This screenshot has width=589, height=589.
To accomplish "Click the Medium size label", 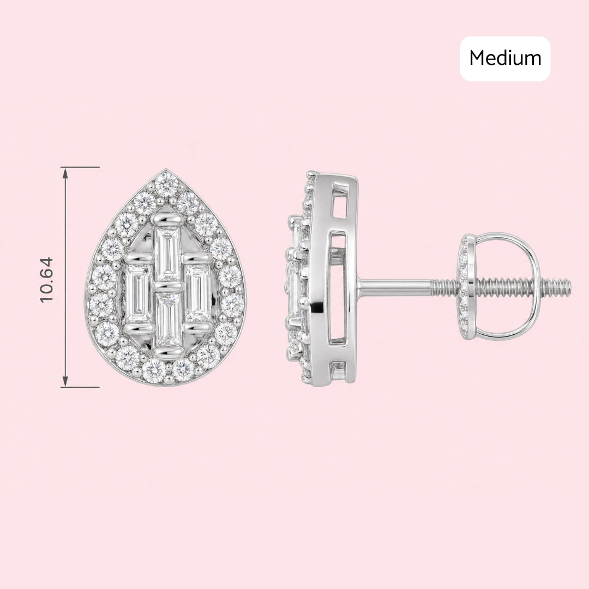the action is point(505,58).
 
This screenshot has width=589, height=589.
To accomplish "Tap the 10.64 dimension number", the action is point(47,280).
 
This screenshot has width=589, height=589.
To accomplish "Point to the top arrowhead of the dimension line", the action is point(65,172).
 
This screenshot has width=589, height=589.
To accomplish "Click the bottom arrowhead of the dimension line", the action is point(65,381).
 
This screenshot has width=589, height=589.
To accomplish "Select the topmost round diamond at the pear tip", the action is point(166,183).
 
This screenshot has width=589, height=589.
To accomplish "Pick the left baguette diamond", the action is point(137,293).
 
